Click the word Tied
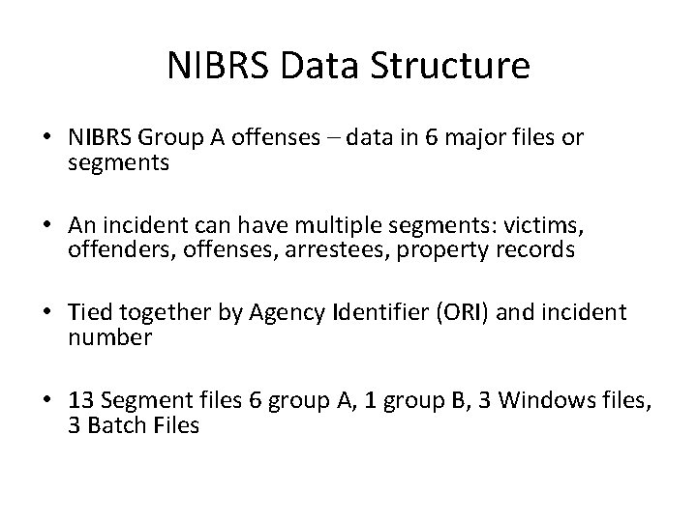[88, 312]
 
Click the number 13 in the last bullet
[80, 399]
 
